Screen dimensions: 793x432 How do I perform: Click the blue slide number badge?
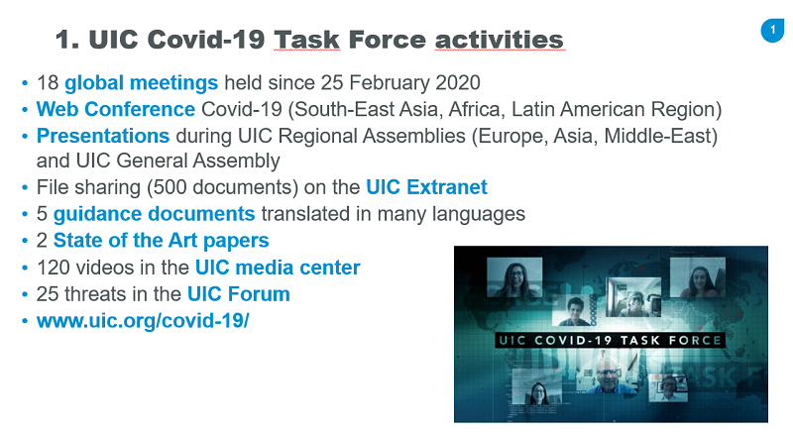[x=772, y=31]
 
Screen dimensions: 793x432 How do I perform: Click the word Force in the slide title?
[x=387, y=40]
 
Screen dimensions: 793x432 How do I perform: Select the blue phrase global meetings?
[x=141, y=82]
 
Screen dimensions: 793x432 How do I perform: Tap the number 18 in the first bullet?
[x=48, y=82]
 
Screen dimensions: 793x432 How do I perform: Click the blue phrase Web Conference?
[x=116, y=109]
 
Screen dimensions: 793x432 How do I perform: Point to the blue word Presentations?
[x=103, y=136]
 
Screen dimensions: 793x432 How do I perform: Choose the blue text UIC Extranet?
[x=426, y=187]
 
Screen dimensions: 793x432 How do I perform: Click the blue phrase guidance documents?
[x=155, y=214]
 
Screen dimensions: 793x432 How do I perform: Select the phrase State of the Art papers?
[x=162, y=241]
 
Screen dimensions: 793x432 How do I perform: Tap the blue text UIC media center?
[x=278, y=268]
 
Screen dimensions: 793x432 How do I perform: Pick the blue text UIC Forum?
[x=239, y=294]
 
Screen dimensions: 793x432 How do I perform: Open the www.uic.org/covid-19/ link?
[x=143, y=321]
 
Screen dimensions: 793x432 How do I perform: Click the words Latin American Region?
[x=616, y=109]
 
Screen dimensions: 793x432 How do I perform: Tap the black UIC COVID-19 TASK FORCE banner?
[x=610, y=340]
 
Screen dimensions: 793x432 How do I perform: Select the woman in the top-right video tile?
[x=698, y=277]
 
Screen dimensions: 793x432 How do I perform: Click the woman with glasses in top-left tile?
[x=514, y=277]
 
